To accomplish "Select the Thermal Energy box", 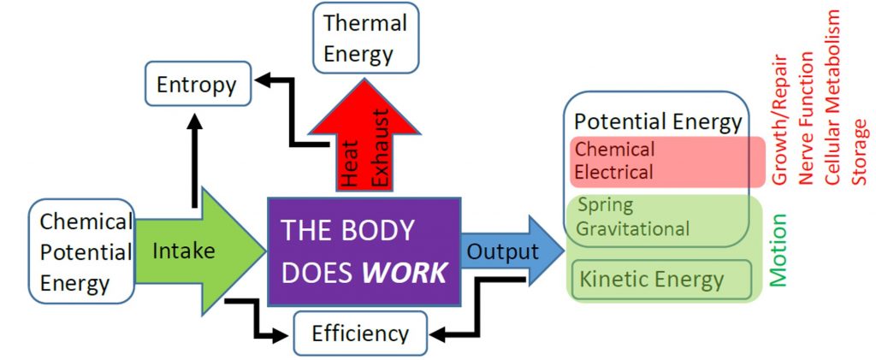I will click(x=365, y=38).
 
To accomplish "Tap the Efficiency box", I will click(x=359, y=333).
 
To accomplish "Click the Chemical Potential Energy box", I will click(x=82, y=252).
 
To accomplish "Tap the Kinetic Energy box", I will click(x=652, y=279).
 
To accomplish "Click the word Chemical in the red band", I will click(x=614, y=150).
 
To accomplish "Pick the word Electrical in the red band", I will click(x=614, y=172).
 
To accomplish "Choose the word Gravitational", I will click(x=633, y=228).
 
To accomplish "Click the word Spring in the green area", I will click(x=605, y=205).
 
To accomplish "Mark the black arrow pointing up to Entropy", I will click(x=193, y=158).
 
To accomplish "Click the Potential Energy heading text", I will click(x=657, y=121).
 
